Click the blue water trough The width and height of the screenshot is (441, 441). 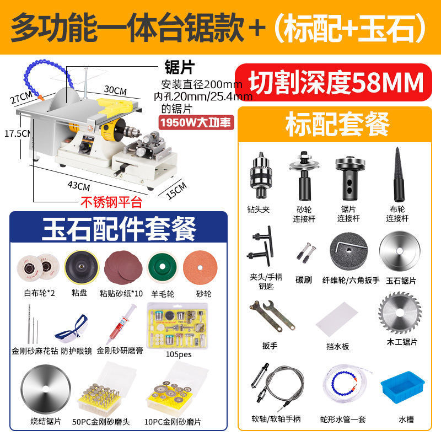pyautogui.click(x=403, y=388)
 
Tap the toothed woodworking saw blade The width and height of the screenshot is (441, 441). pyautogui.click(x=400, y=313)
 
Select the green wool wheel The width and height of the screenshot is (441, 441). pyautogui.click(x=163, y=267)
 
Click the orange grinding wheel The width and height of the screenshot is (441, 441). pyautogui.click(x=200, y=267)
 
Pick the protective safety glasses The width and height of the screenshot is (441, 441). pyautogui.click(x=71, y=327)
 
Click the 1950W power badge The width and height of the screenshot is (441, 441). pyautogui.click(x=196, y=122)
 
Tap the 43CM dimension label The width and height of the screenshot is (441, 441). pyautogui.click(x=79, y=186)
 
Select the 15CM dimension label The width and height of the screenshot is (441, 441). pyautogui.click(x=176, y=190)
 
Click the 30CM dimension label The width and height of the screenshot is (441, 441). pyautogui.click(x=115, y=90)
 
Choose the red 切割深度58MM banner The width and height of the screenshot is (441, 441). pyautogui.click(x=334, y=82)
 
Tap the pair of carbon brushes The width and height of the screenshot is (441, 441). pyautogui.click(x=306, y=252)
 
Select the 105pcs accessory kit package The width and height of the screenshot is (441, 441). pyautogui.click(x=178, y=326)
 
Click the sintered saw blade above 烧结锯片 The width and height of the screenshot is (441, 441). pyautogui.click(x=46, y=389)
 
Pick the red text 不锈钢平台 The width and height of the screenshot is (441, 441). pyautogui.click(x=111, y=202)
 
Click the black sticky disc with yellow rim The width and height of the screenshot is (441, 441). pyautogui.click(x=82, y=267)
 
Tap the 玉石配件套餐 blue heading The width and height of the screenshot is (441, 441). pyautogui.click(x=119, y=228)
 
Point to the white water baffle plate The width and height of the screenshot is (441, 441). pyautogui.click(x=337, y=319)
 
